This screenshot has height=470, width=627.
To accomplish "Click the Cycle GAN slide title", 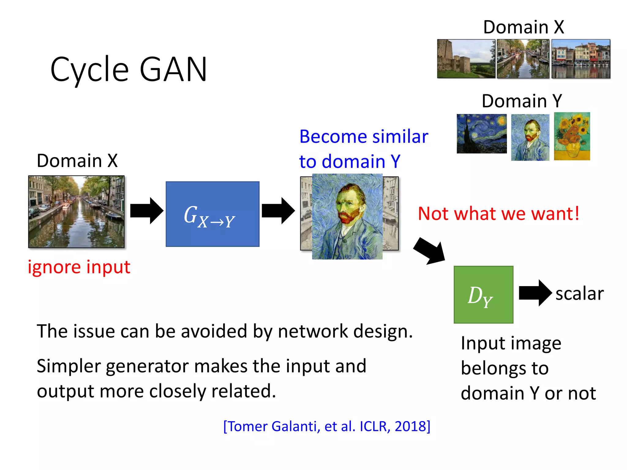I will point(129,70).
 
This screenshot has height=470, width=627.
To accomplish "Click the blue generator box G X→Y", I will point(212,214).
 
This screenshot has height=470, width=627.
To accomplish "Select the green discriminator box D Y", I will point(483,295).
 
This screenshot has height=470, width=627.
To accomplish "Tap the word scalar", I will point(579,294).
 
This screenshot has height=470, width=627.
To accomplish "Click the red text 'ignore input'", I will point(79,267).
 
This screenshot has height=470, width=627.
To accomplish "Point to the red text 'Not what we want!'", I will point(498,214).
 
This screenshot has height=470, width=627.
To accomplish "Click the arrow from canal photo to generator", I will point(146,211).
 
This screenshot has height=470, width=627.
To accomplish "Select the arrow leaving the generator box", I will point(278,211).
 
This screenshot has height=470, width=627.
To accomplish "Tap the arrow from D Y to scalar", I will point(535,293).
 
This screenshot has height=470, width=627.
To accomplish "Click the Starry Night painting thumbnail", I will point(482,134).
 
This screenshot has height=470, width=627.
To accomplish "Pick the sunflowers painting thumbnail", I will point(572,136).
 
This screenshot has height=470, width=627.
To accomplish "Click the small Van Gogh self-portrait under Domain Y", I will point(530,137).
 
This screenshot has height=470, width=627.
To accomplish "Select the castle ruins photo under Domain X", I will point(466,59).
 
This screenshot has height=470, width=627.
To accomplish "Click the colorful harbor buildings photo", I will point(581,59).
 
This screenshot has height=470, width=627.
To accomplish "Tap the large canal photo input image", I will point(76,212).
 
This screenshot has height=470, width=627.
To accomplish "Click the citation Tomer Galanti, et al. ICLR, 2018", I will point(327,426).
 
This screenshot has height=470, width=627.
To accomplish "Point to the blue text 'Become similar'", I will point(363,136).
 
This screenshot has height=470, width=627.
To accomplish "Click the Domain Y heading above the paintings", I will point(522,101).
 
